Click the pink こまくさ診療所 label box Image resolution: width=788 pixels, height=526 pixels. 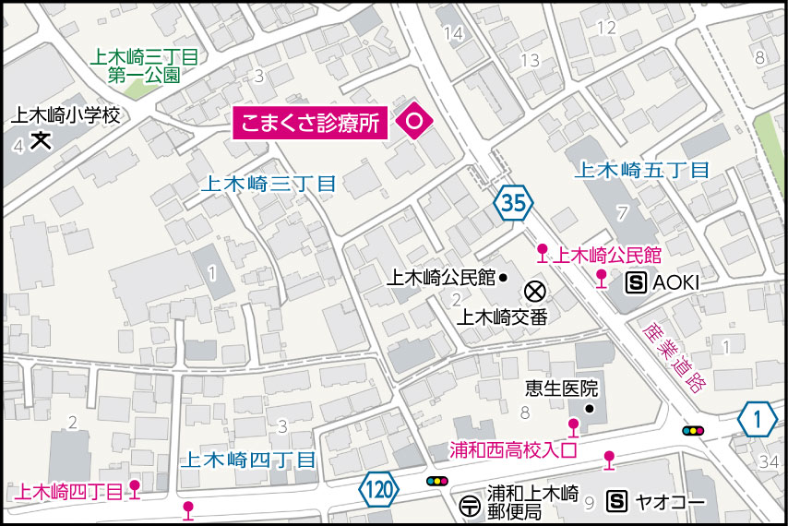tap(311, 124)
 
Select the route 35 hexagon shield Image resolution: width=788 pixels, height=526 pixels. tap(514, 203)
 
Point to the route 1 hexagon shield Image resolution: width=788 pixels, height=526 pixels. tap(758, 421)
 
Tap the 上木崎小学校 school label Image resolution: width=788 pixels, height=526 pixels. tap(66, 116)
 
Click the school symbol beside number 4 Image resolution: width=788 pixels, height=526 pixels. tap(41, 141)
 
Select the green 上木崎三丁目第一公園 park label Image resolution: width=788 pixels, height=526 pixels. tap(144, 67)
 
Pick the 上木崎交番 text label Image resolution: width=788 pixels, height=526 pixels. tap(503, 317)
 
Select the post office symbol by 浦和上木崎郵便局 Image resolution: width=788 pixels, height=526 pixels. tap(470, 506)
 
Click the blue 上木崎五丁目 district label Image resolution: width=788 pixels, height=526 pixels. tap(641, 170)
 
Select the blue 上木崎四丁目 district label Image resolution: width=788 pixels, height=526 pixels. tap(248, 459)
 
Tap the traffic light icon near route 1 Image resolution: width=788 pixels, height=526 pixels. tap(692, 430)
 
